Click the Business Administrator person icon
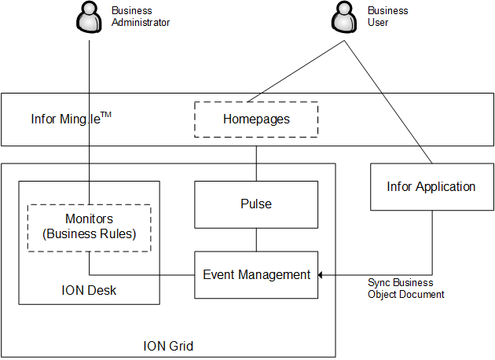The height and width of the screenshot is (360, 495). click(x=89, y=17)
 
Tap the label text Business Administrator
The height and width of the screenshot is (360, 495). click(x=141, y=17)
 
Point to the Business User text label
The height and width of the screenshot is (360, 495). click(x=388, y=17)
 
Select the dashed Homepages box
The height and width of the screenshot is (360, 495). click(x=256, y=119)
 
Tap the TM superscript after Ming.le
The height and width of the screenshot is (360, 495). click(x=106, y=115)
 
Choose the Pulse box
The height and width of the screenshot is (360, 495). click(x=256, y=204)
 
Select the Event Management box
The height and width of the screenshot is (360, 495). click(x=256, y=275)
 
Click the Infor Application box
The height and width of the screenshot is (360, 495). click(x=431, y=187)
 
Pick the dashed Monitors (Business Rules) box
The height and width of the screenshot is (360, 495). click(x=89, y=227)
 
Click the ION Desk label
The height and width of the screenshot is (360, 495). click(x=89, y=291)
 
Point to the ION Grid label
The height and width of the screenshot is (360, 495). click(x=168, y=346)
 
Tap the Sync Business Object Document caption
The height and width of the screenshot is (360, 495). click(x=405, y=288)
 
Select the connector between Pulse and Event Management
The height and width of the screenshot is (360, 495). click(x=256, y=240)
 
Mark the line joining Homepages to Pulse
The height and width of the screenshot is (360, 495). click(x=256, y=163)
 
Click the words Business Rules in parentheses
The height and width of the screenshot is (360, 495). click(x=89, y=233)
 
